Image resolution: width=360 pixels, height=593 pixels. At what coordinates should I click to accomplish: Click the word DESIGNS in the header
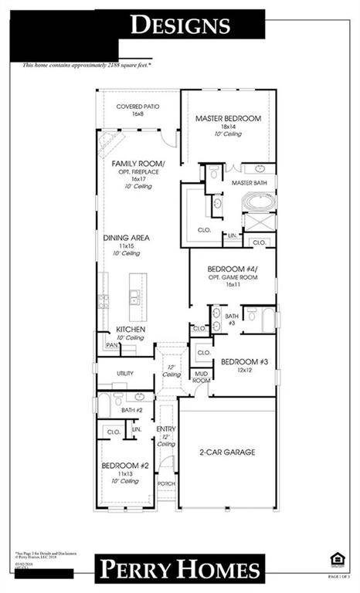click(x=180, y=25)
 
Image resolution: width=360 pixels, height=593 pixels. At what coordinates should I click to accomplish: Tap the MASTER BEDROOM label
click(x=228, y=118)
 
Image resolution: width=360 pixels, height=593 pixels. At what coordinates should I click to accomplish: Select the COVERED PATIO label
click(x=138, y=106)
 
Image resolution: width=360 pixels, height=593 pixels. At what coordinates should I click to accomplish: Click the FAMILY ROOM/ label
click(x=138, y=164)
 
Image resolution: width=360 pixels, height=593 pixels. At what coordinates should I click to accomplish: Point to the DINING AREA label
click(x=127, y=238)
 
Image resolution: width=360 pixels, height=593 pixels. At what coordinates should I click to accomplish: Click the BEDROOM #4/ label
click(x=232, y=269)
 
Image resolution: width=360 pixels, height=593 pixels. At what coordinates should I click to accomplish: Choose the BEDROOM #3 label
click(x=244, y=361)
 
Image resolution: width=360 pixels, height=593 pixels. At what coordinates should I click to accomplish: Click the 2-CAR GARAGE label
click(x=226, y=452)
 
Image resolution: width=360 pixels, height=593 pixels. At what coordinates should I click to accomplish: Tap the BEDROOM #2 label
click(x=124, y=466)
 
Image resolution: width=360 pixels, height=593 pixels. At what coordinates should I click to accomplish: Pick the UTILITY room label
click(x=124, y=373)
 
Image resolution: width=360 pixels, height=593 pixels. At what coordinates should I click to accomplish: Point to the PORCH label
click(x=166, y=483)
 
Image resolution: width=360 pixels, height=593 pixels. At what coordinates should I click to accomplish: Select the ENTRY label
click(x=166, y=429)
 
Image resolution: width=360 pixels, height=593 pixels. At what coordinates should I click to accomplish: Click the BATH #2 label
click(x=122, y=410)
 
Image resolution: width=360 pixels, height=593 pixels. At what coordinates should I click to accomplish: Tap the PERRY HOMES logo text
click(x=179, y=570)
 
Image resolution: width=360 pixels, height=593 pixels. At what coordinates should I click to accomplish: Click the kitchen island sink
click(x=134, y=296)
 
